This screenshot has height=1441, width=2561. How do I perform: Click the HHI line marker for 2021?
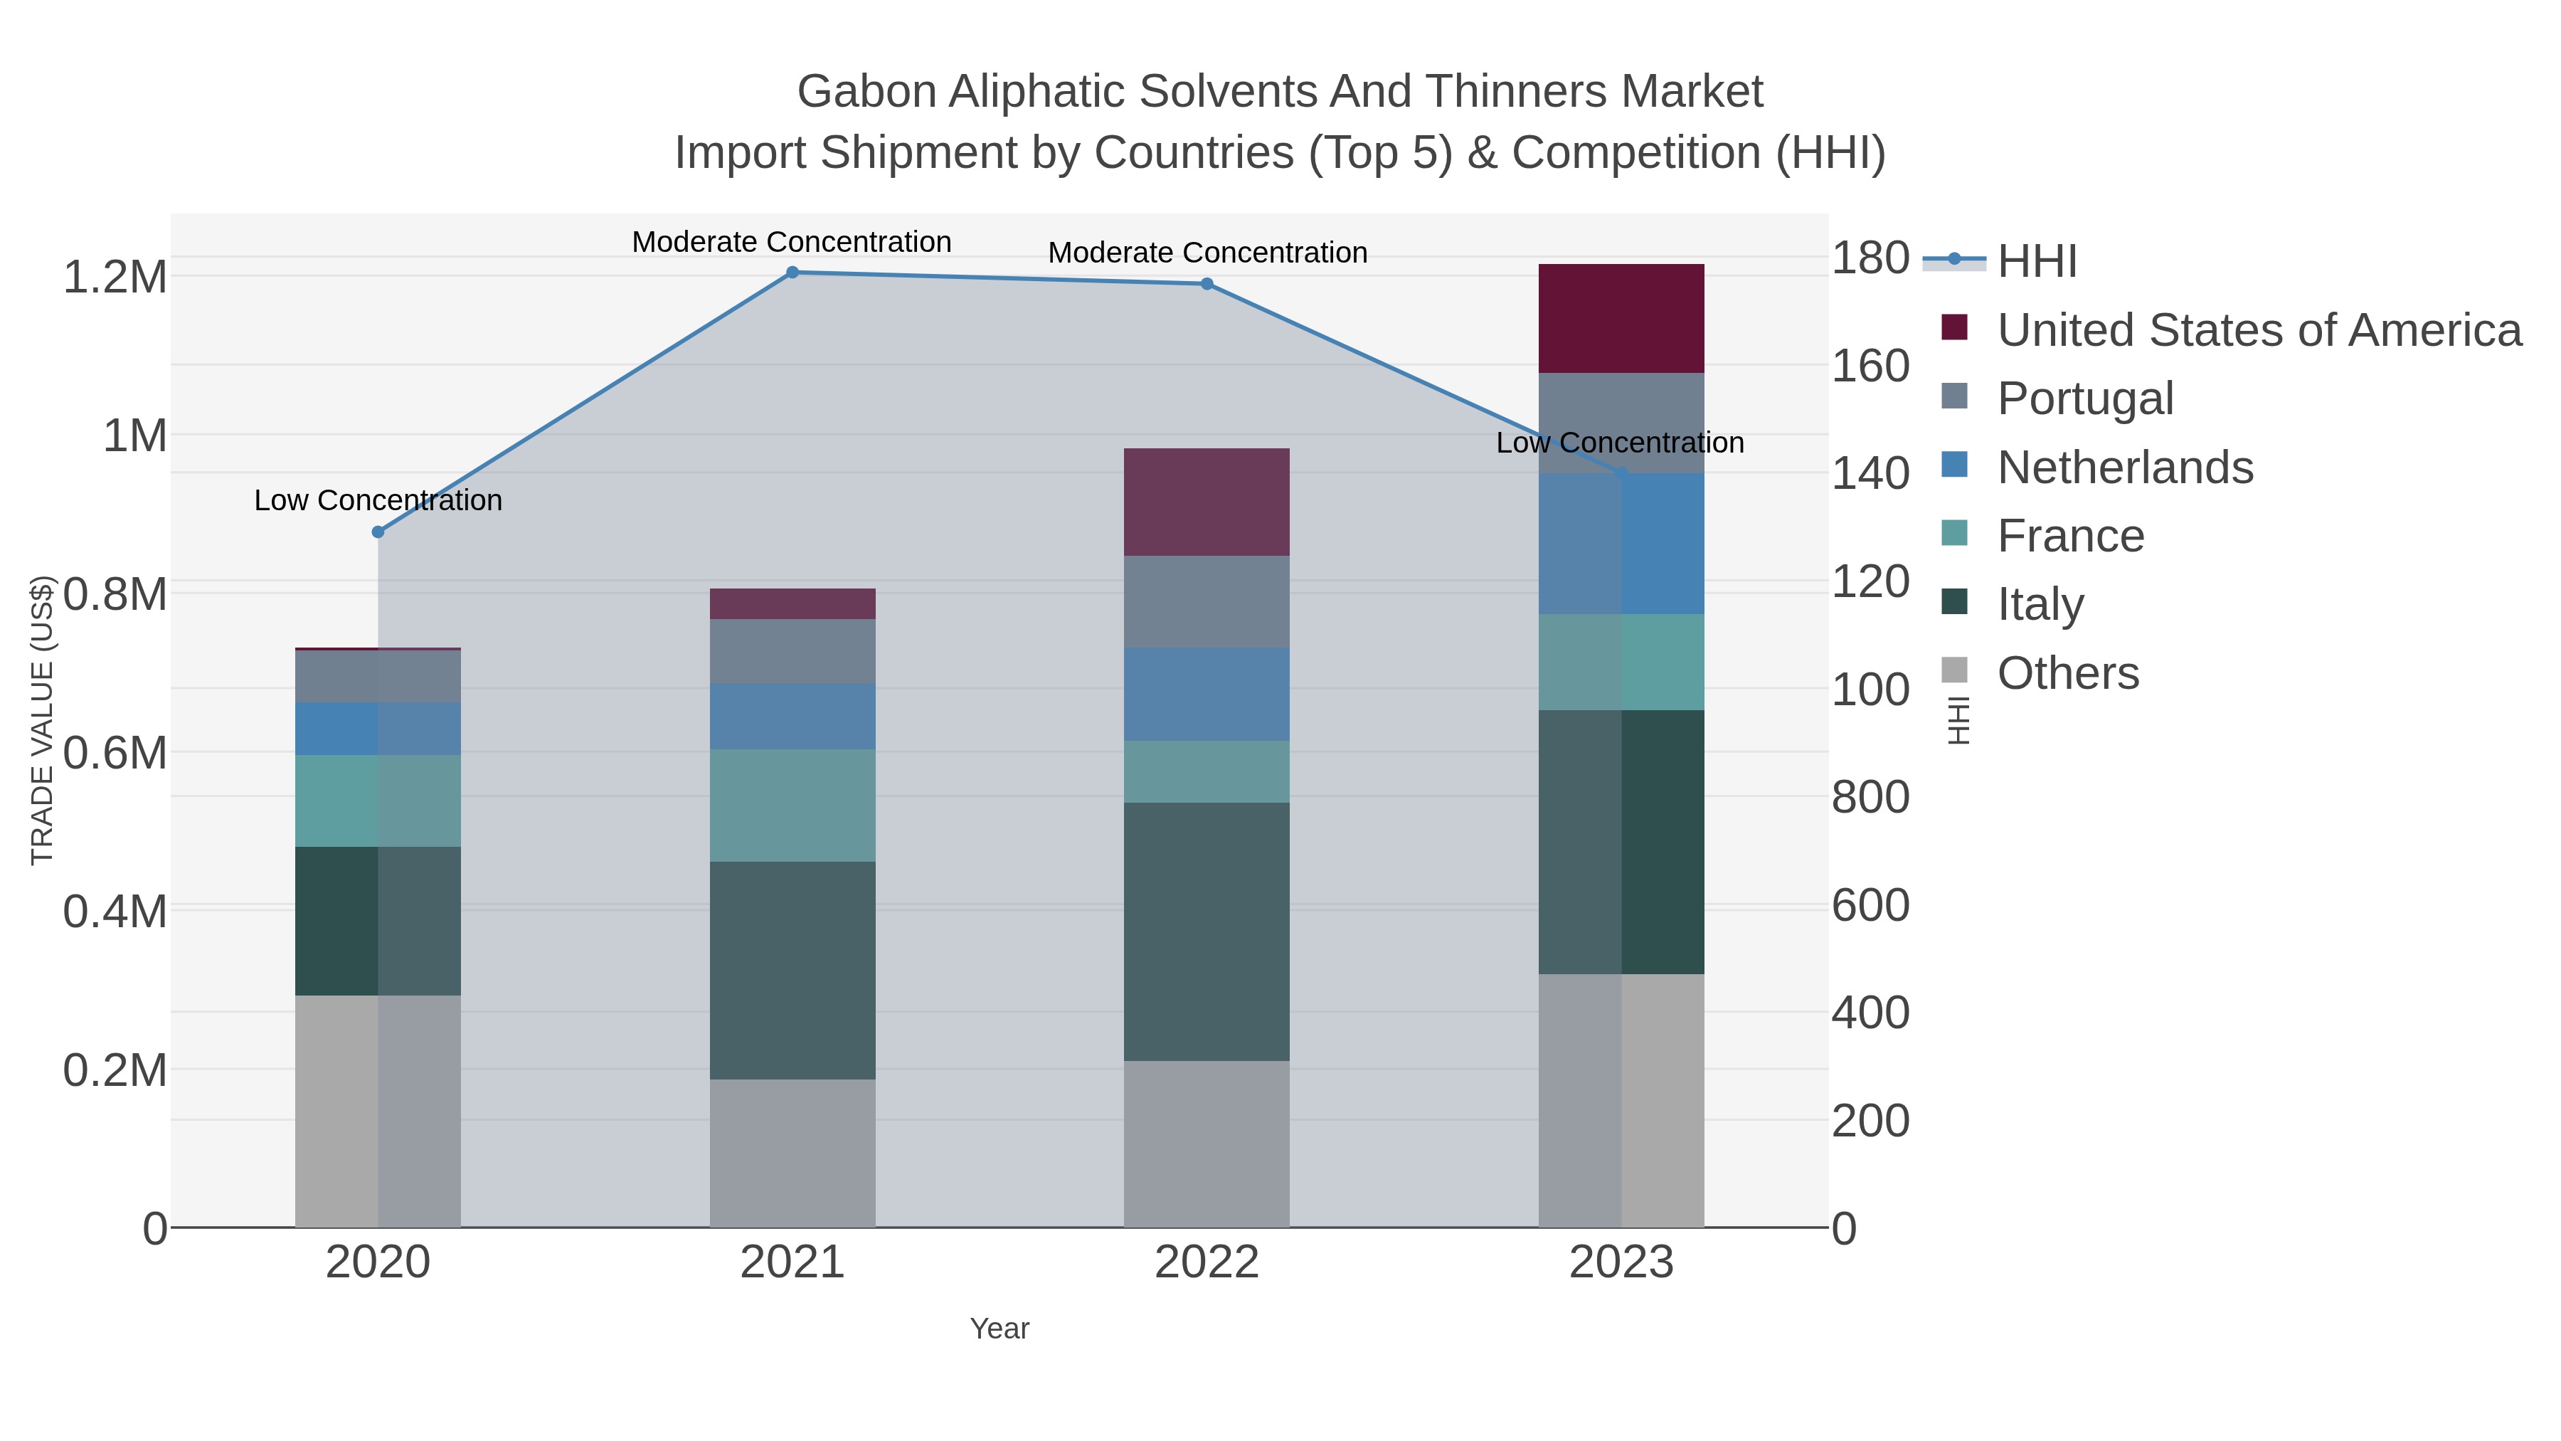(x=792, y=273)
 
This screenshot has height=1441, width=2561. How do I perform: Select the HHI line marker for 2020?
(x=378, y=532)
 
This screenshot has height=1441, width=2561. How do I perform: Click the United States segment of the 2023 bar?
(x=1621, y=318)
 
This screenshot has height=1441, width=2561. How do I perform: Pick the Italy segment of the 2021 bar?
(x=792, y=970)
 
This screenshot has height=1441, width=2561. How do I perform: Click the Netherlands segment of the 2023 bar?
(x=1621, y=543)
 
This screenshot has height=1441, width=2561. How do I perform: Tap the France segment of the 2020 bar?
(x=378, y=801)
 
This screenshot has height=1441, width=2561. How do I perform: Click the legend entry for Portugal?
(x=2085, y=398)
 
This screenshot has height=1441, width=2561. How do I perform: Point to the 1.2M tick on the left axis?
(x=115, y=278)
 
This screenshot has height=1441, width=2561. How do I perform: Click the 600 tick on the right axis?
(x=1870, y=906)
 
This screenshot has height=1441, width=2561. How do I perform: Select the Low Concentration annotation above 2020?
(x=378, y=500)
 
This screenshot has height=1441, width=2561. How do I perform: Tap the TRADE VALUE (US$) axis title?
(x=42, y=720)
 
